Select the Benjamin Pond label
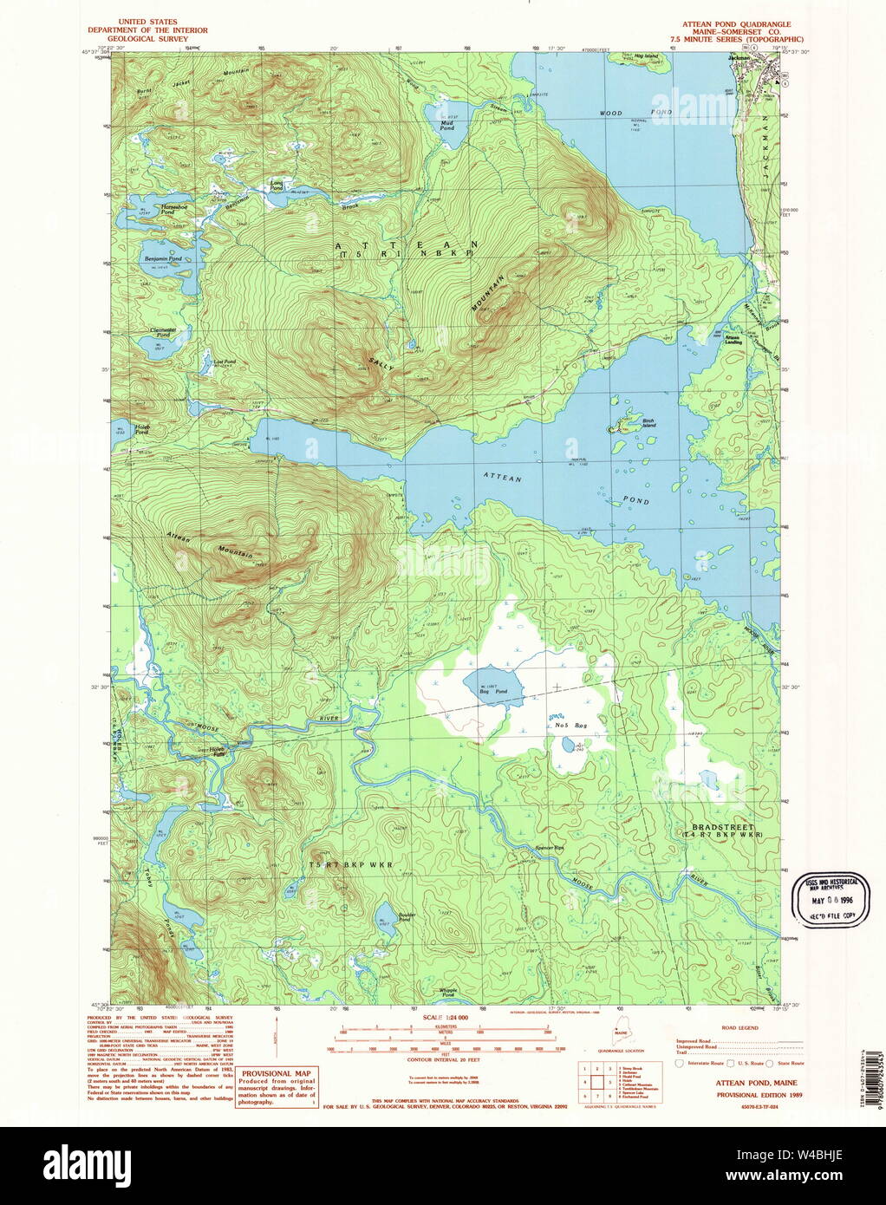pos(163,258)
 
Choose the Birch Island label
pos(648,421)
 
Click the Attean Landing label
pos(733,340)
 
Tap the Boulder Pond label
pos(407,916)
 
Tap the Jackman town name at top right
pos(738,58)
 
